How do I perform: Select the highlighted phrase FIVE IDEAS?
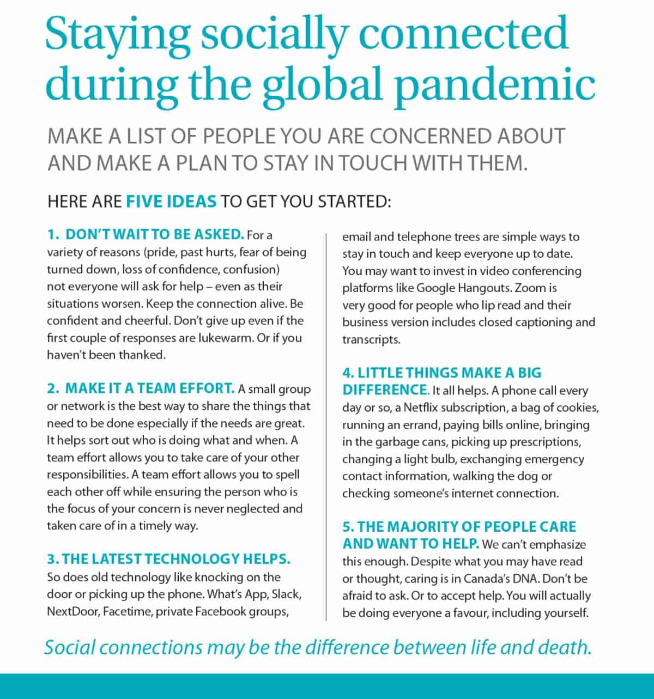click(x=171, y=202)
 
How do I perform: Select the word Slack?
click(x=286, y=594)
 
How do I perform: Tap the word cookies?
click(x=579, y=408)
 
